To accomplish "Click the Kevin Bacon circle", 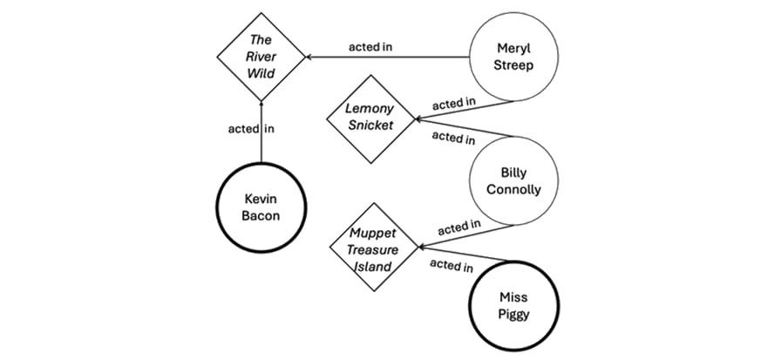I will [261, 207].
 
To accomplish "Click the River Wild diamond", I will [261, 58].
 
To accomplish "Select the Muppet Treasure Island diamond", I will [372, 249].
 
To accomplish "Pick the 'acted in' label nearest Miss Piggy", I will [451, 267].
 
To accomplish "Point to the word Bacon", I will [261, 216].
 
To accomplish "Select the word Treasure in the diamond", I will [372, 249].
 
